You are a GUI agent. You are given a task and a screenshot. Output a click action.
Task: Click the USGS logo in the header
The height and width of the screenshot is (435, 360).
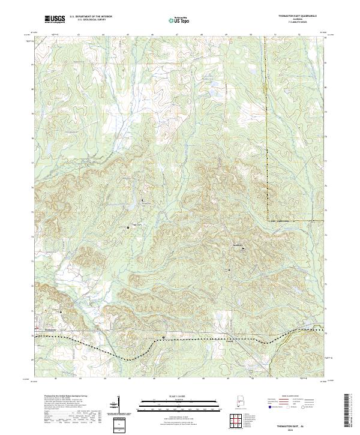point(55,19)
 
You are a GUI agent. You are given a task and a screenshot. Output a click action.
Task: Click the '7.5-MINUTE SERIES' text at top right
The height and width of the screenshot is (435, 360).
point(297,23)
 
